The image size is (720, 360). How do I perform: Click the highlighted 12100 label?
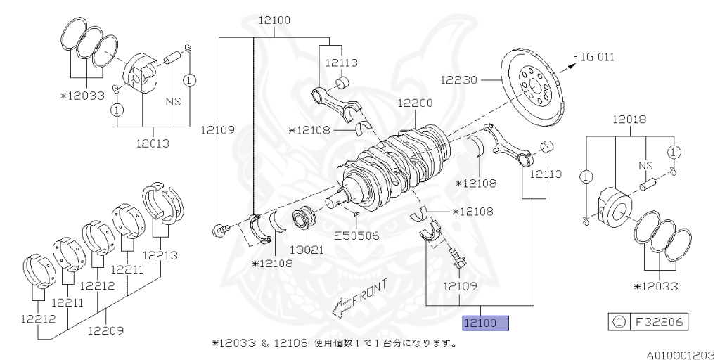click(484, 323)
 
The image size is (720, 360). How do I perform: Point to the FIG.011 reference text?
click(593, 57)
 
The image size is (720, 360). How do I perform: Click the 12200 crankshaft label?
click(415, 103)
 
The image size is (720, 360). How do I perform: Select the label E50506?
click(356, 236)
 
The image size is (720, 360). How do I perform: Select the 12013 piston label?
click(153, 143)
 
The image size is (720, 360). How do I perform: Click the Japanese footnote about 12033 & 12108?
click(335, 344)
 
